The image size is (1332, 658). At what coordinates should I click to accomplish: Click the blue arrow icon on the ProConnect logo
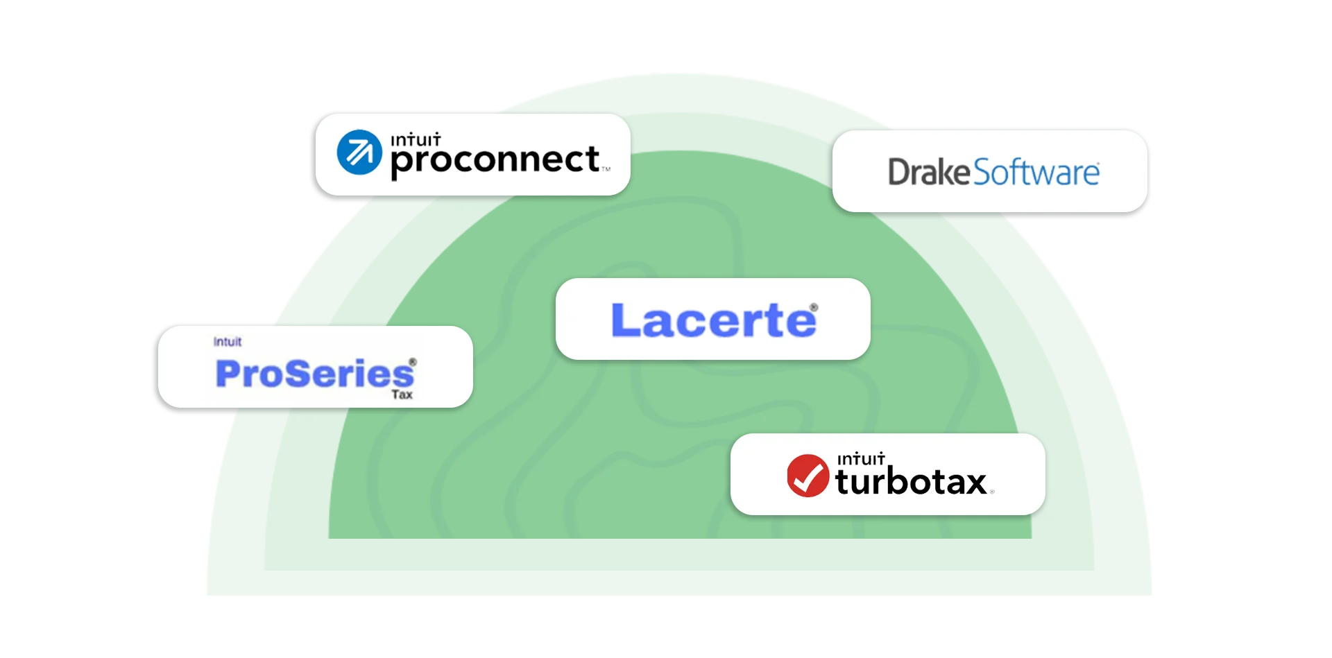pyautogui.click(x=359, y=152)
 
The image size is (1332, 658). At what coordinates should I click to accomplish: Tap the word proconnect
pyautogui.click(x=495, y=160)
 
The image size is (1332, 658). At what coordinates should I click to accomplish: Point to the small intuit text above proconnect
pyautogui.click(x=416, y=139)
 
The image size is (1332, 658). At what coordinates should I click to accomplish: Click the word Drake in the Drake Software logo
pyautogui.click(x=929, y=172)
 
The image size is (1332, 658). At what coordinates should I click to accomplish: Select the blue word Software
pyautogui.click(x=1036, y=173)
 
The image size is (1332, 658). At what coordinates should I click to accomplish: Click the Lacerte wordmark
pyautogui.click(x=713, y=320)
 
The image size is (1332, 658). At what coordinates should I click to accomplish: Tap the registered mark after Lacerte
pyautogui.click(x=814, y=307)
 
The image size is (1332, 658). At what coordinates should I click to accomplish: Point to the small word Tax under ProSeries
pyautogui.click(x=402, y=395)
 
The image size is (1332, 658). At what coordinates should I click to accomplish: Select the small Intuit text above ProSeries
pyautogui.click(x=228, y=342)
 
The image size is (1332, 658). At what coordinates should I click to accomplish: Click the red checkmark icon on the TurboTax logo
pyautogui.click(x=808, y=476)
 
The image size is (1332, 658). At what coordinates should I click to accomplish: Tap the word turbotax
pyautogui.click(x=910, y=481)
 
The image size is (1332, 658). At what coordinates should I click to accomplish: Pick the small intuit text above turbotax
pyautogui.click(x=860, y=459)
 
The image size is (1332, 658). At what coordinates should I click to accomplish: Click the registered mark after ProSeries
pyautogui.click(x=413, y=362)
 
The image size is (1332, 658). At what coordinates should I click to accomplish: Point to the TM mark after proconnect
pyautogui.click(x=606, y=169)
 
